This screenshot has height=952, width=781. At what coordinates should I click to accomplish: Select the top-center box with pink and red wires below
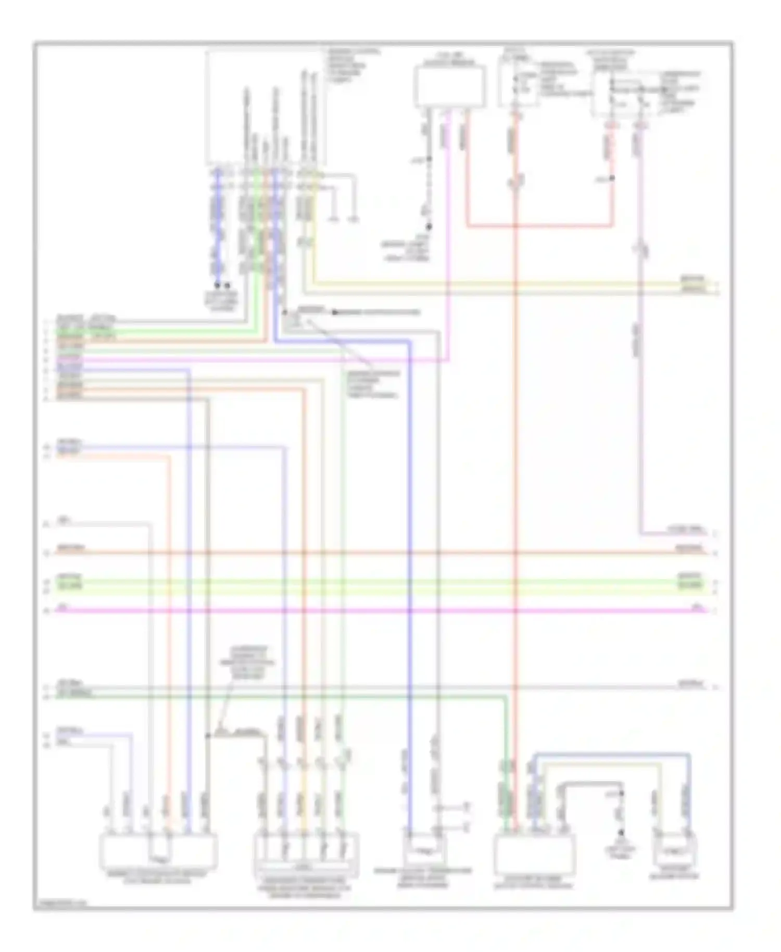coord(450,86)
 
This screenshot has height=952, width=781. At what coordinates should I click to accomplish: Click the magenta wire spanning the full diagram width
coord(364,610)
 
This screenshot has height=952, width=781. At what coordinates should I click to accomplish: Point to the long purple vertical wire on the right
coord(640,391)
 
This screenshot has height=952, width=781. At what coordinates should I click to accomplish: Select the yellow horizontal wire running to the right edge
coord(495,284)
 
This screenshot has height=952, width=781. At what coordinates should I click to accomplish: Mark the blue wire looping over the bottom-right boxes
coord(612,754)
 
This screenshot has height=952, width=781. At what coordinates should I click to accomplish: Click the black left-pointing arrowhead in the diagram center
coord(336,312)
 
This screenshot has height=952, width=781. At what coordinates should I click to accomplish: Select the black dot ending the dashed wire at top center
coord(430,227)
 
